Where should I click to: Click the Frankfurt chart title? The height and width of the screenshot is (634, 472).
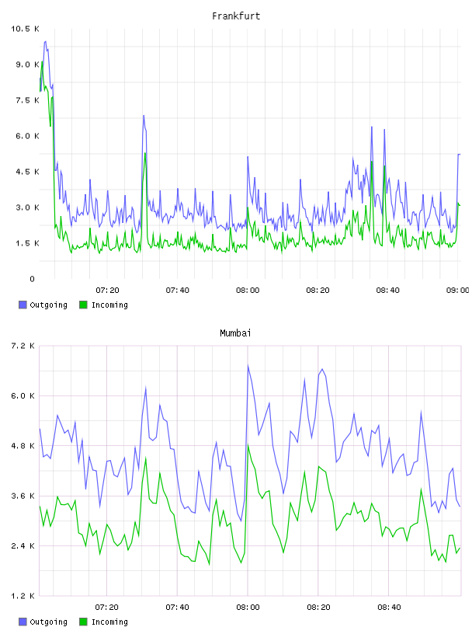pyautogui.click(x=236, y=16)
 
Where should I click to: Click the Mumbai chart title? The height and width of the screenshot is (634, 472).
pyautogui.click(x=235, y=333)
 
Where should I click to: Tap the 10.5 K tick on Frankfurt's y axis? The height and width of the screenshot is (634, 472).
pyautogui.click(x=25, y=29)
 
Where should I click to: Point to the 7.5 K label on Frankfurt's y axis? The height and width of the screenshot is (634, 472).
pyautogui.click(x=27, y=100)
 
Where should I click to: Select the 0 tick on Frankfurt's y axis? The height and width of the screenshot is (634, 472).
pyautogui.click(x=33, y=279)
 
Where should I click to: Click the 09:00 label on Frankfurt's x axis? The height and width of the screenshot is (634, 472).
pyautogui.click(x=457, y=291)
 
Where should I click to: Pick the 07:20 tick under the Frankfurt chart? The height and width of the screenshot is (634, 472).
pyautogui.click(x=107, y=291)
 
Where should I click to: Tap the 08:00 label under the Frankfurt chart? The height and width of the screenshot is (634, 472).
pyautogui.click(x=248, y=291)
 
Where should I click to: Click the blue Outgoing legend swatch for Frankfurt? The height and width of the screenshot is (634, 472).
pyautogui.click(x=23, y=305)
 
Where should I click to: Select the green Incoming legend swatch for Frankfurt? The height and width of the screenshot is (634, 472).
pyautogui.click(x=83, y=305)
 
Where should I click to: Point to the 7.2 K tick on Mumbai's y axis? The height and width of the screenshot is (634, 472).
pyautogui.click(x=23, y=346)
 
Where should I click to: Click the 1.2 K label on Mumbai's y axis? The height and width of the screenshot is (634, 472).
pyautogui.click(x=23, y=596)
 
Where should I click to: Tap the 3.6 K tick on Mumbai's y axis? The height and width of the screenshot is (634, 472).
pyautogui.click(x=23, y=496)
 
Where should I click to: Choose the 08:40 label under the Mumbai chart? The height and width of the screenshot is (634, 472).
pyautogui.click(x=389, y=608)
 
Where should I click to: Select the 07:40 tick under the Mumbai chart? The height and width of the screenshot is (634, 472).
pyautogui.click(x=178, y=608)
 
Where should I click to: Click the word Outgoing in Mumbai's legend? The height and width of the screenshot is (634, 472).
pyautogui.click(x=48, y=622)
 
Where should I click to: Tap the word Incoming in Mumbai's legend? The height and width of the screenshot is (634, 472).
pyautogui.click(x=109, y=622)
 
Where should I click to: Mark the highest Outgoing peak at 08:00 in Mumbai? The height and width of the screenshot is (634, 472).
pyautogui.click(x=248, y=365)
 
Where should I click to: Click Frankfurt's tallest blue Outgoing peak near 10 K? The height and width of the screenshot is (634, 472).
pyautogui.click(x=45, y=41)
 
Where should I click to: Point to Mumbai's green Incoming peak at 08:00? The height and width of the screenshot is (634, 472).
pyautogui.click(x=248, y=444)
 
